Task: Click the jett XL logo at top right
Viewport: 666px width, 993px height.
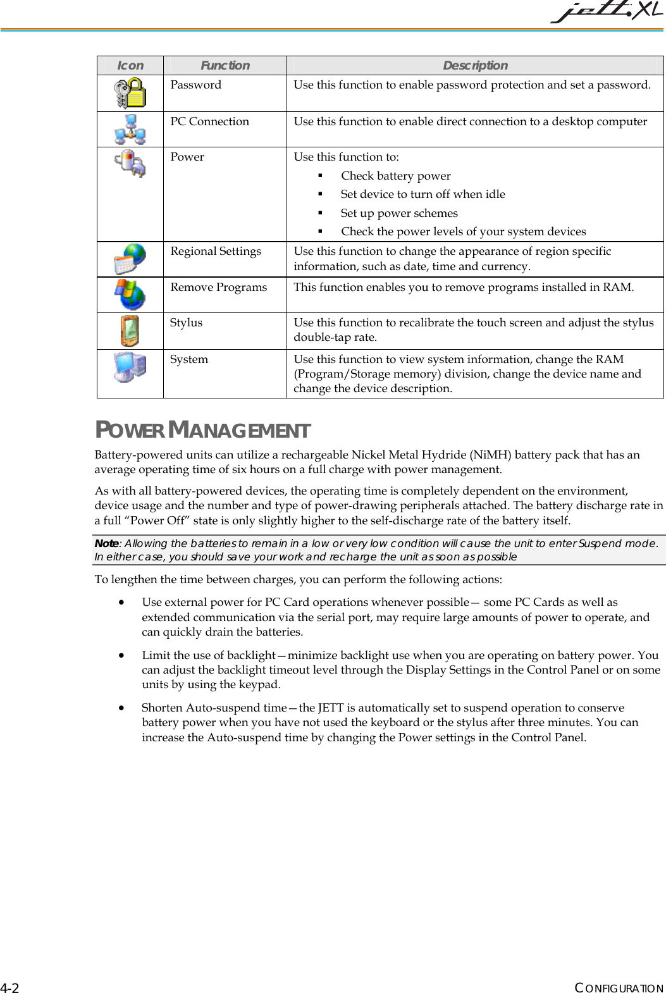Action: (x=606, y=11)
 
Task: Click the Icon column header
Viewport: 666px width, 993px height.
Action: (x=130, y=66)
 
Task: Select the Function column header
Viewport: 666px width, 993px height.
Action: (x=225, y=66)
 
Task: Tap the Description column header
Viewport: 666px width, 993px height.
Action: (x=475, y=66)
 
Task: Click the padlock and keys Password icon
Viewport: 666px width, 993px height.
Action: (x=130, y=93)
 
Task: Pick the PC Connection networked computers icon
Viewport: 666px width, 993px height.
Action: (x=130, y=129)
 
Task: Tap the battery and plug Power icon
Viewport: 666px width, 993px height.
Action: (x=130, y=163)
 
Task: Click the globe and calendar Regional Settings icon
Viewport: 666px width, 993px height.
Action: (x=130, y=259)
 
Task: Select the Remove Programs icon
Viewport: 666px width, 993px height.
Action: (x=130, y=295)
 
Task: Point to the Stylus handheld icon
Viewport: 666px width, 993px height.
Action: (x=130, y=331)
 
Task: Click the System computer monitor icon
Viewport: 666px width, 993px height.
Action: (x=130, y=367)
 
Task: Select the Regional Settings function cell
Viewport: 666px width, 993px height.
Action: (x=216, y=252)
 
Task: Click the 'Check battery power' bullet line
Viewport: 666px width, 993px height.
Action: (x=395, y=176)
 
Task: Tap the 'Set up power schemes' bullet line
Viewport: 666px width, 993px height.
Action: (x=399, y=213)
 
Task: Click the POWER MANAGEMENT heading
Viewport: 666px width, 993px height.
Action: (x=202, y=430)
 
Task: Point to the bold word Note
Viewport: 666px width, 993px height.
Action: (x=106, y=543)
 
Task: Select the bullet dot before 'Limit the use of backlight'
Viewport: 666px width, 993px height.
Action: (x=121, y=656)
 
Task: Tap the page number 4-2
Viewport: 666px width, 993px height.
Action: (x=9, y=988)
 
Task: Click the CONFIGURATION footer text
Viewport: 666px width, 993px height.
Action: (x=619, y=988)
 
